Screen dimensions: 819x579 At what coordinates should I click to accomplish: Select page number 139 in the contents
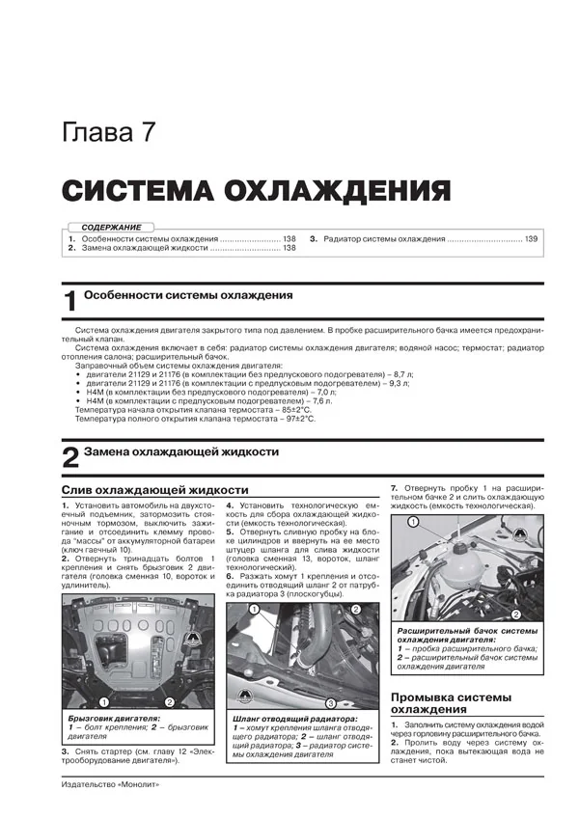click(531, 237)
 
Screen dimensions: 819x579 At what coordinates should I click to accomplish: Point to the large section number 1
click(69, 301)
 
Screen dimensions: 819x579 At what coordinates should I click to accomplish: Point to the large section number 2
click(69, 457)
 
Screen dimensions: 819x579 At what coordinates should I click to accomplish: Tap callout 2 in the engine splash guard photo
click(169, 701)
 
